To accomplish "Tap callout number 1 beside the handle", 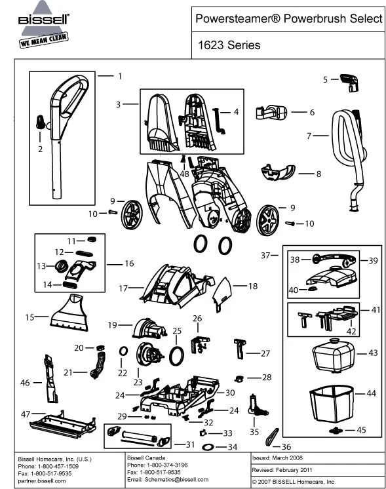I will coord(120,76).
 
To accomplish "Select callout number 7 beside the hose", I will coord(309,136).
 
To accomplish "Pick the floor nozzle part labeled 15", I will coord(68,313).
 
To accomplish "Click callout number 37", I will coord(265,254).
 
